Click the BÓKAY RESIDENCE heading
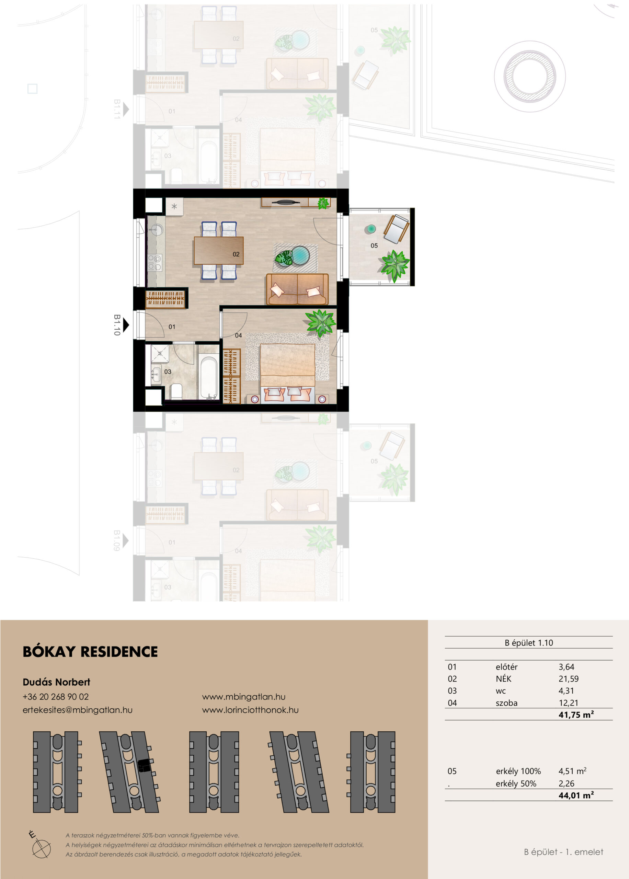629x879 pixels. [90, 651]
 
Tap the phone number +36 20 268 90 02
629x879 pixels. [56, 697]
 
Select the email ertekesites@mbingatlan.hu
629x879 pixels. [78, 710]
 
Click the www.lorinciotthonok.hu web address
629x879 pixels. [250, 710]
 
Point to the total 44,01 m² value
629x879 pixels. [576, 795]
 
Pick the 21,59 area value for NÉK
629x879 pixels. [569, 679]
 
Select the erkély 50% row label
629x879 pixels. [516, 784]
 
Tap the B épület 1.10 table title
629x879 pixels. [529, 643]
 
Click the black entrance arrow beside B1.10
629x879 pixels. [126, 325]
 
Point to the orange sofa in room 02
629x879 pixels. [297, 289]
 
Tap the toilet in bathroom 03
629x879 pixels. [176, 391]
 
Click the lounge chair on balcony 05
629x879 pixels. [396, 229]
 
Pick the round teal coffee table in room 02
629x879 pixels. [300, 255]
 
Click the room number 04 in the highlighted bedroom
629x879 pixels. [238, 335]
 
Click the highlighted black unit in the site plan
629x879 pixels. [144, 766]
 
